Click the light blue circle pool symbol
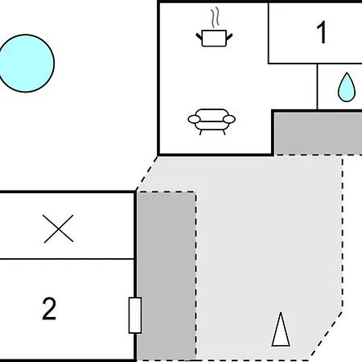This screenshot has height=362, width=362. pos(26,64)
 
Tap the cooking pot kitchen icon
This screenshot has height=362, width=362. pos(214,38)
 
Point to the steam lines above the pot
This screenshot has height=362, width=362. pos(215,18)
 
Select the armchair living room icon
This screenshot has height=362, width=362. pos(212,121)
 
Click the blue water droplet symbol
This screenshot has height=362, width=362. pos(347,88)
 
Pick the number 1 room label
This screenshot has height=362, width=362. pos(321,32)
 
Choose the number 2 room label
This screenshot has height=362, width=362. pos(49,308)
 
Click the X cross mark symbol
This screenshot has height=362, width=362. pos(58,228)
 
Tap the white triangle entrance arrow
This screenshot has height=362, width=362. pos(281,329)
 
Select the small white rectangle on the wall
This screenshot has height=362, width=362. pos(135,315)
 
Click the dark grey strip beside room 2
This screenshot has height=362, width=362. pos(167,276)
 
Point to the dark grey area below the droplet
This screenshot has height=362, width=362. pos(319,134)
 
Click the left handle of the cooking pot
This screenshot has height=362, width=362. pos(200,37)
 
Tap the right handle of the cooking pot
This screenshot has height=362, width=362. pos(229,37)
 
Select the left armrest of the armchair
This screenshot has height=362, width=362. pos(194,119)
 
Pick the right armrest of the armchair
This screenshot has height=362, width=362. pos(229,119)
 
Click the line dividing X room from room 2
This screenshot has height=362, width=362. pos(67,259)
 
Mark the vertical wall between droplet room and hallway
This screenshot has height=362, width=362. pos(317,87)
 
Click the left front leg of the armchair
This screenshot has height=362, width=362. pos(200,132)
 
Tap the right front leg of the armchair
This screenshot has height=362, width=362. pos(224,132)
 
